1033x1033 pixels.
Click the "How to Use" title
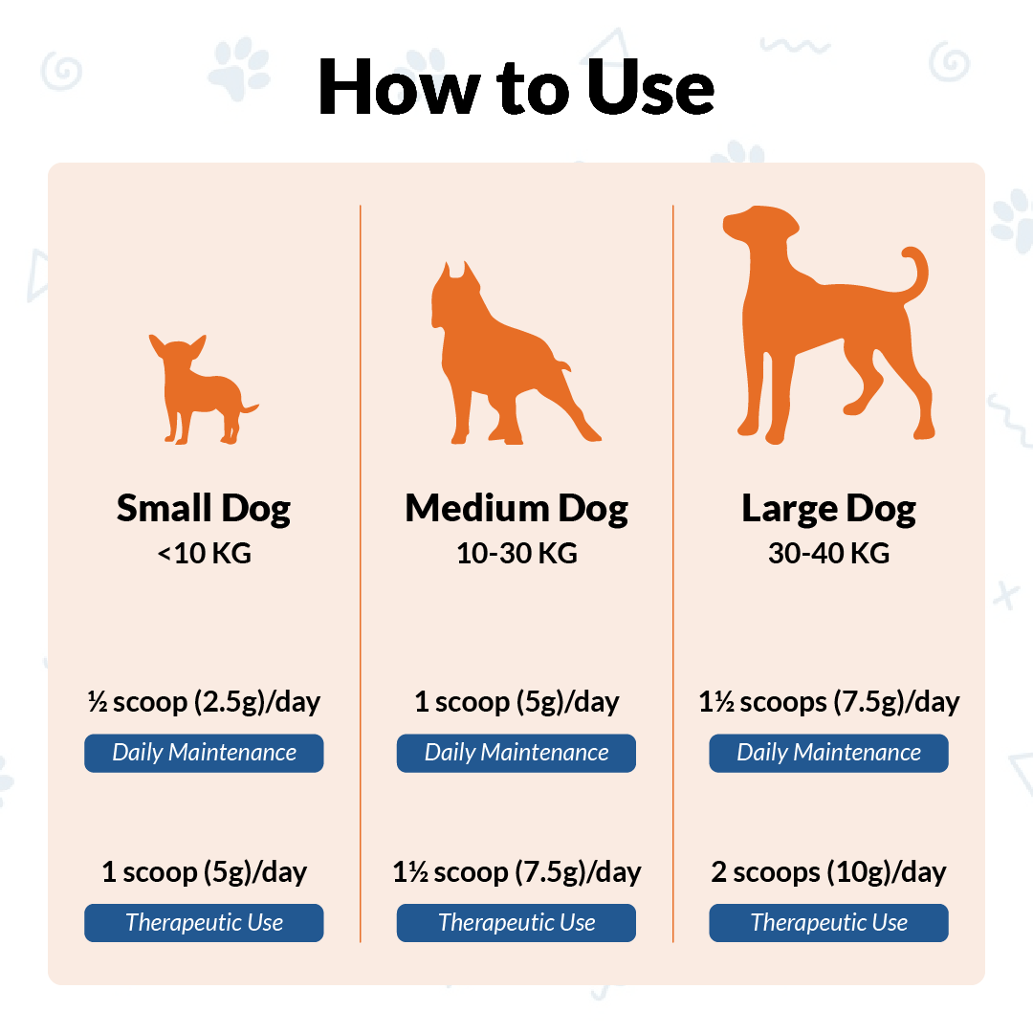click(516, 87)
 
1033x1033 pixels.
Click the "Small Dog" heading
click(204, 509)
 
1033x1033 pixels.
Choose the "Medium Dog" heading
click(516, 509)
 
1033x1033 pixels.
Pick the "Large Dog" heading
click(828, 509)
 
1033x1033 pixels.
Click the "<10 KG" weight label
click(205, 554)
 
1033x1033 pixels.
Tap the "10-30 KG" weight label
click(516, 554)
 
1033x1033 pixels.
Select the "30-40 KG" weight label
click(828, 554)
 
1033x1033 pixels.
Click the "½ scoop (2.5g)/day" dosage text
click(204, 702)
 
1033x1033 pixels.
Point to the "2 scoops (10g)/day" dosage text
click(828, 872)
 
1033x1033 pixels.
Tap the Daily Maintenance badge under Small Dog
click(204, 753)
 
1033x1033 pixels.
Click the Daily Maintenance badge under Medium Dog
click(516, 753)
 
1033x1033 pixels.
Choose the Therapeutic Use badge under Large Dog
click(828, 923)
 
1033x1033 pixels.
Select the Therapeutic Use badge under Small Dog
click(204, 923)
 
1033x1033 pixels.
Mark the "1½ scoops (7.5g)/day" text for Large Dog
click(828, 702)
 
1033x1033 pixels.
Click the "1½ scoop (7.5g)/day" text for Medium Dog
click(516, 872)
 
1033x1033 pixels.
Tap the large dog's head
click(760, 224)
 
